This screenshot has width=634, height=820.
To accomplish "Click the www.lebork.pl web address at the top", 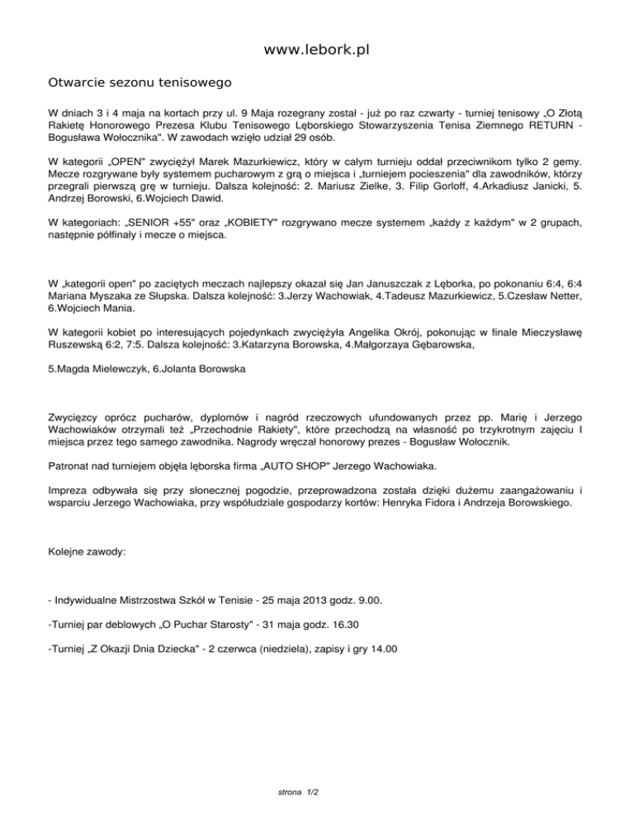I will tap(316, 50).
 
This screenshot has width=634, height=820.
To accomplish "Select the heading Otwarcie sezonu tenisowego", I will tap(140, 83).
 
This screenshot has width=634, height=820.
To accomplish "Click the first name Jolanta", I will tap(176, 369).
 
